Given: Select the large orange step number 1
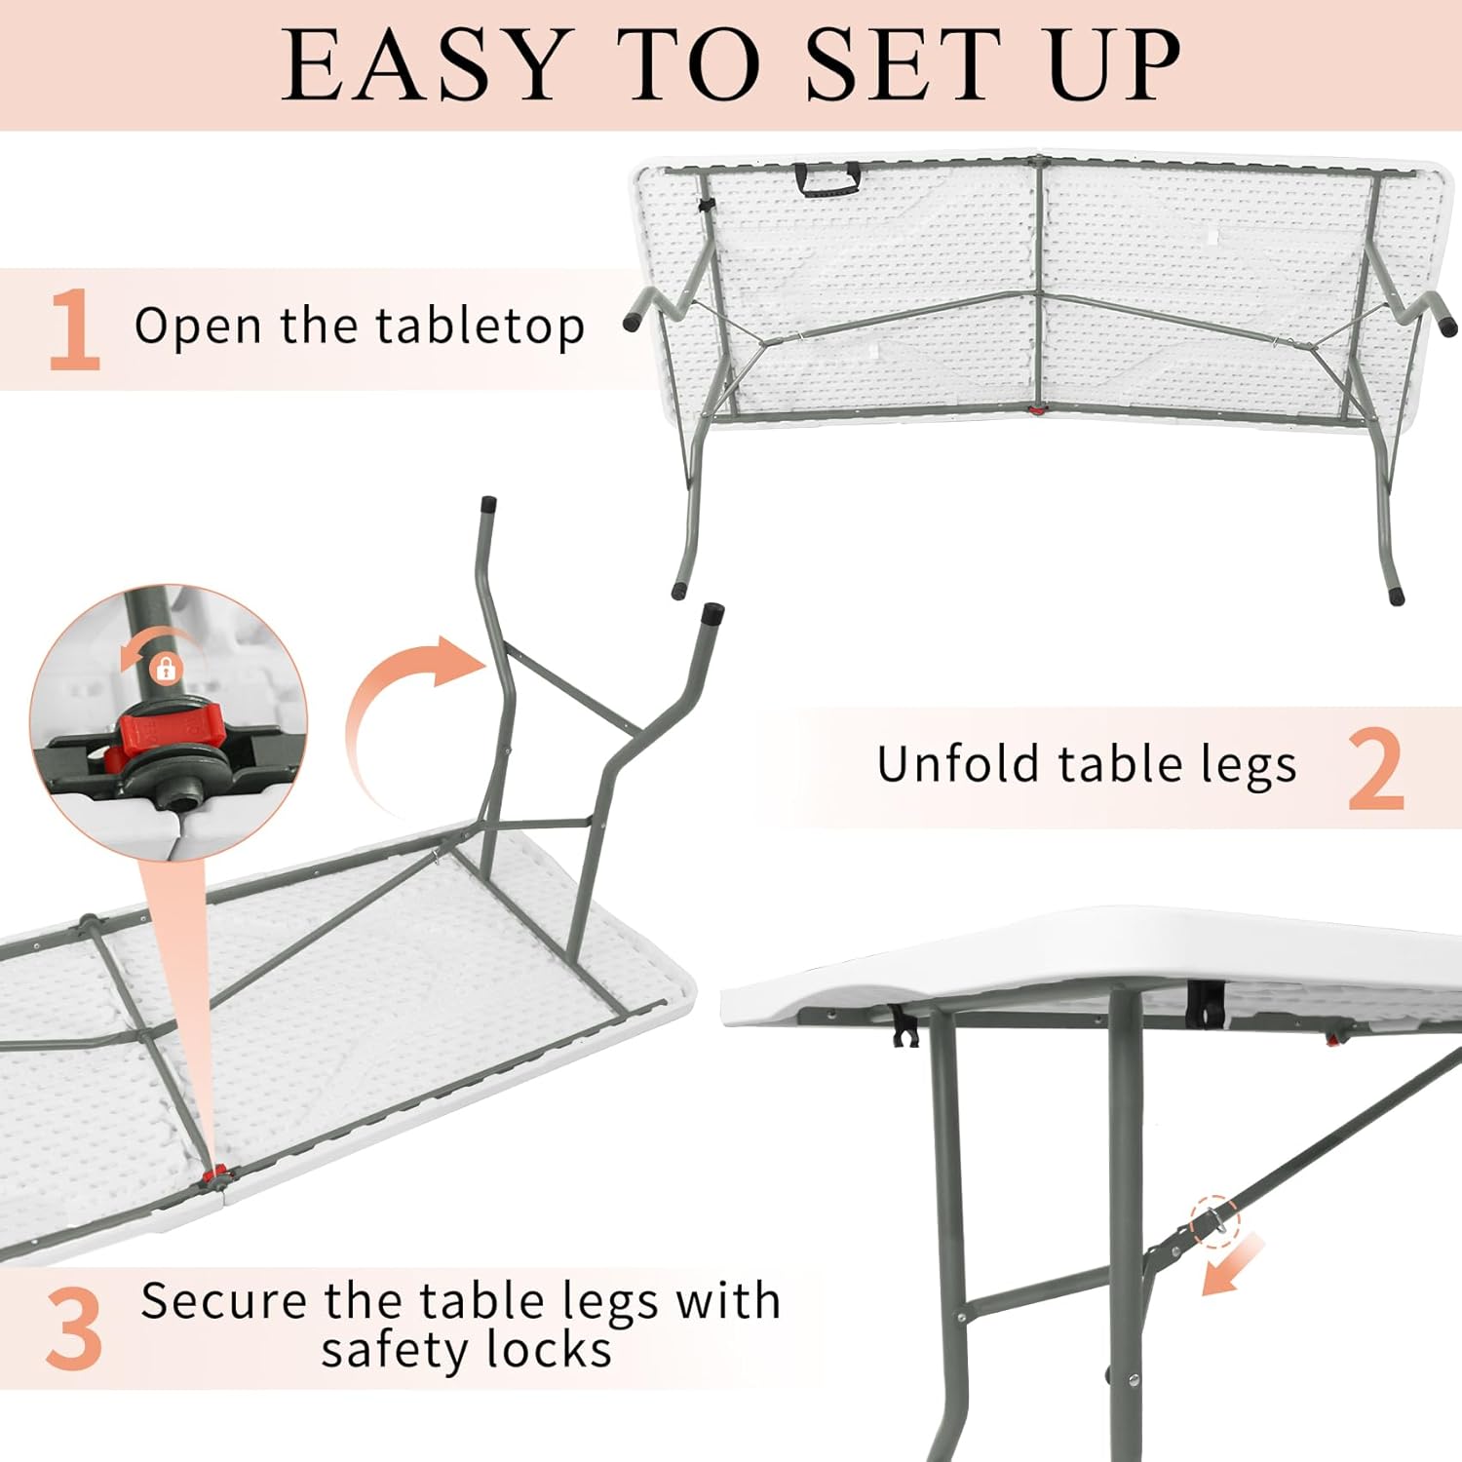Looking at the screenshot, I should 74,329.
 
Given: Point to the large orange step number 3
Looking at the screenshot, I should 74,1328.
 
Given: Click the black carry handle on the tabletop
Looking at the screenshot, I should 827,177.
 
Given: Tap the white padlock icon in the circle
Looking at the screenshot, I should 167,669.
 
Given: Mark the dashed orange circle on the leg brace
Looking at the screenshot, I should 1215,1221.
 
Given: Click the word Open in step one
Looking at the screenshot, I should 199,327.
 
